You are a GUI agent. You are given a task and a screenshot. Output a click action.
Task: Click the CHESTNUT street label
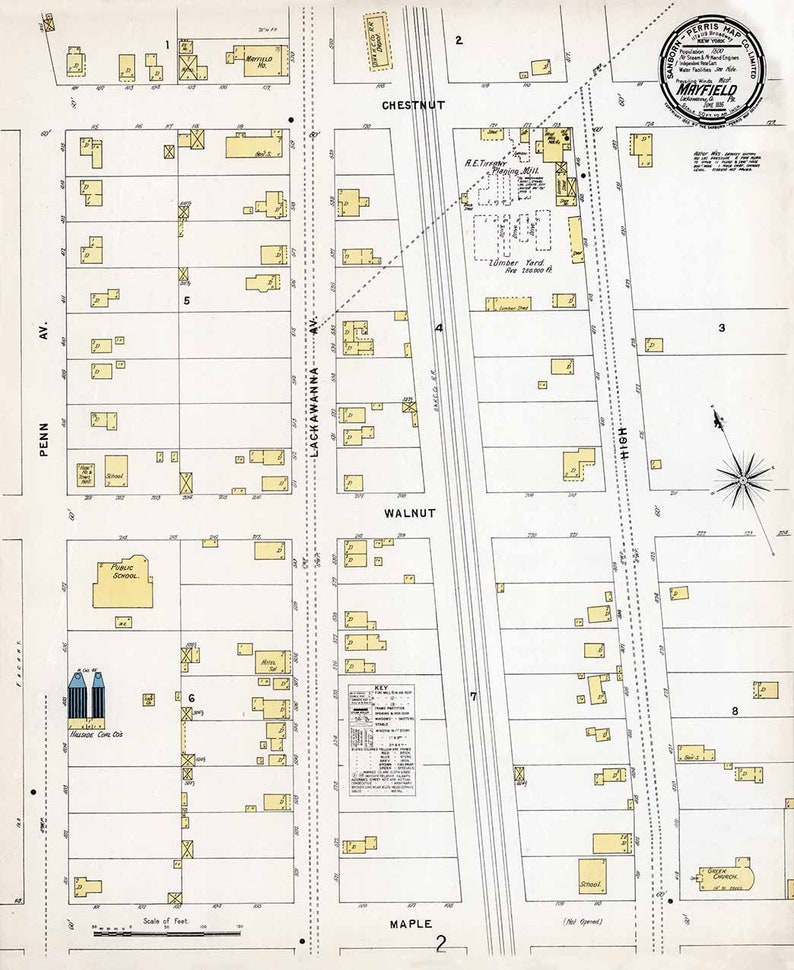pos(412,104)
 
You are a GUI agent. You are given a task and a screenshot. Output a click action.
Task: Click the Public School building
pos(122,582)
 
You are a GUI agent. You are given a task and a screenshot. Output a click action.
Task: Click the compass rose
pos(742,479)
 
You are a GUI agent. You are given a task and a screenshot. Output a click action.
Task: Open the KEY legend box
pos(381,740)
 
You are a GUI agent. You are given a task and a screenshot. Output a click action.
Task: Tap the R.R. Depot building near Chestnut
pos(377,42)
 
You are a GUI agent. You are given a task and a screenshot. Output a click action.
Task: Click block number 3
pos(721,328)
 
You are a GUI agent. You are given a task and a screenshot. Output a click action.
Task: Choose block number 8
pos(735,711)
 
